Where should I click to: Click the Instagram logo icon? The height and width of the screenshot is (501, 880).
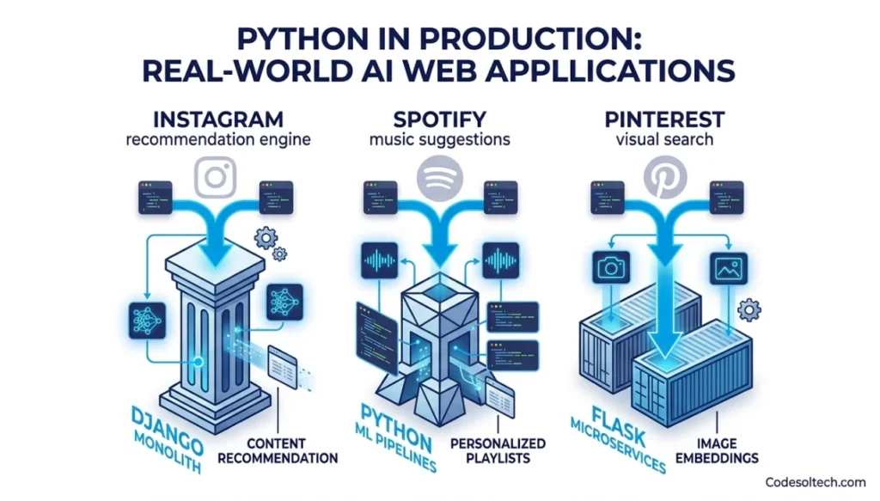214,178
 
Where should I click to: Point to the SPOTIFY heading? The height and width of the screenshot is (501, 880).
439,118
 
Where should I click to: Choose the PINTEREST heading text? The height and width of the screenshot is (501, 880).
663,118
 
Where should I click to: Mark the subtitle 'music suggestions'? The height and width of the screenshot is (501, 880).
439,139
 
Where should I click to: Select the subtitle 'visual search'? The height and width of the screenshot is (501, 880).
663,139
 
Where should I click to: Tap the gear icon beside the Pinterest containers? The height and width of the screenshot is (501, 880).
750,309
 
